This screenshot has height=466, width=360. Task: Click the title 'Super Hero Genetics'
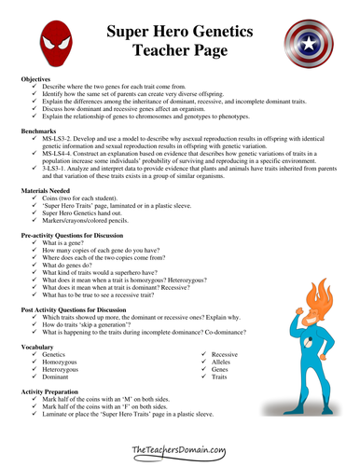click(x=179, y=32)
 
